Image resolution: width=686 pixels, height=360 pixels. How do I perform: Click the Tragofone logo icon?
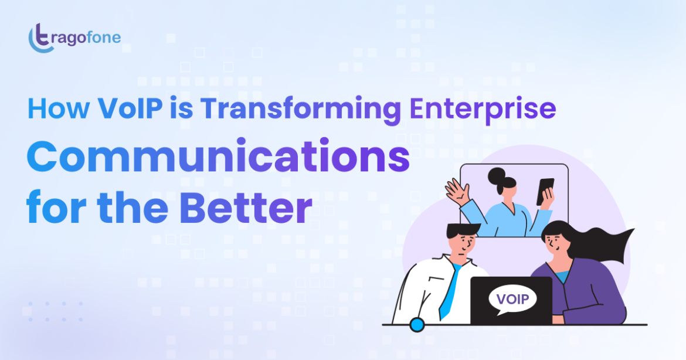40,38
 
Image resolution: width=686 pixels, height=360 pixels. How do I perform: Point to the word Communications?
218,156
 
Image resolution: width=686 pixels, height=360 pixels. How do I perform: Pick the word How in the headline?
58,108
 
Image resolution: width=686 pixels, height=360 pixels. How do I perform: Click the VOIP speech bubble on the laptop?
512,300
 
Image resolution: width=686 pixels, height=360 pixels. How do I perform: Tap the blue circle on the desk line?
417,325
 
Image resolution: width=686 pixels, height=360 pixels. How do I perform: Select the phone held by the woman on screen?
545,191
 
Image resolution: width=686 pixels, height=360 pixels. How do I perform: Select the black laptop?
511,301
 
